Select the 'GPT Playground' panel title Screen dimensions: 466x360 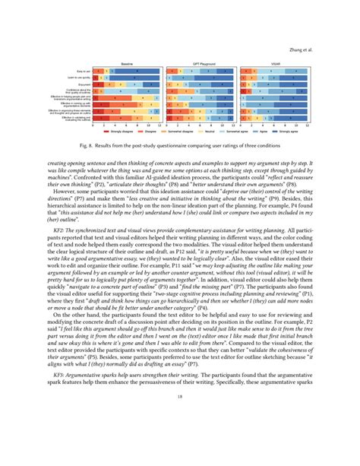pos(199,62)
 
